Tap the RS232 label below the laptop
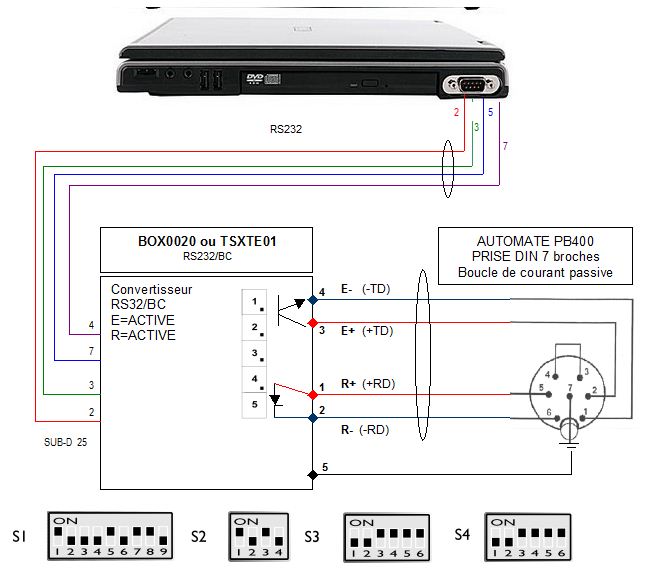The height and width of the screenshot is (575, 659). (x=286, y=129)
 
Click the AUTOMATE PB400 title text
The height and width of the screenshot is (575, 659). (x=535, y=241)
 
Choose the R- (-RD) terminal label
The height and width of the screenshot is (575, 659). (x=363, y=430)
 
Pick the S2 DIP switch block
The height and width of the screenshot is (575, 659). (x=258, y=538)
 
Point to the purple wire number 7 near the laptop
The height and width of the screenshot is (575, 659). (x=505, y=147)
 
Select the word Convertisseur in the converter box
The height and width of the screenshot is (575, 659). (x=150, y=290)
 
